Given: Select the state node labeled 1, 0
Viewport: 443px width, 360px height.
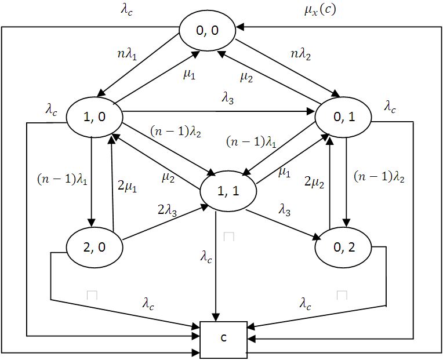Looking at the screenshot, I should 95,118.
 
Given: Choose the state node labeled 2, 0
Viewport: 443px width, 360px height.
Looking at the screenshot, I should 95,248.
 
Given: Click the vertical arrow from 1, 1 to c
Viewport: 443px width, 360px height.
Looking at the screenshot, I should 216,267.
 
